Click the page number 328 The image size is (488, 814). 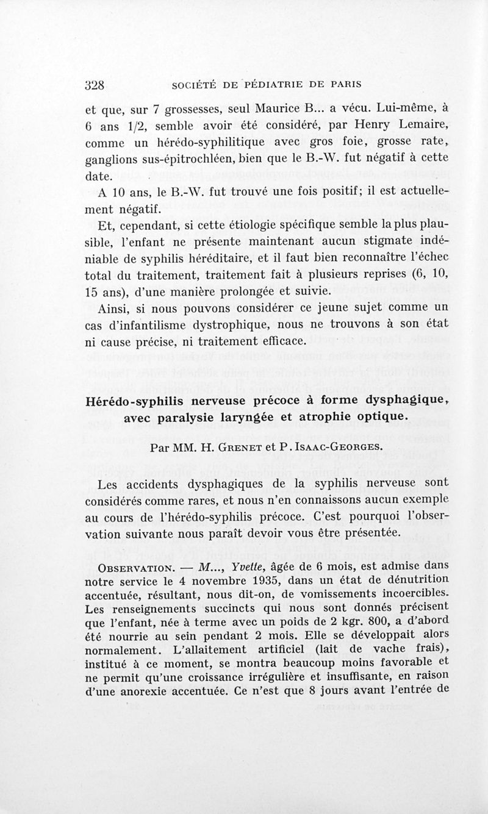[x=95, y=84]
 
